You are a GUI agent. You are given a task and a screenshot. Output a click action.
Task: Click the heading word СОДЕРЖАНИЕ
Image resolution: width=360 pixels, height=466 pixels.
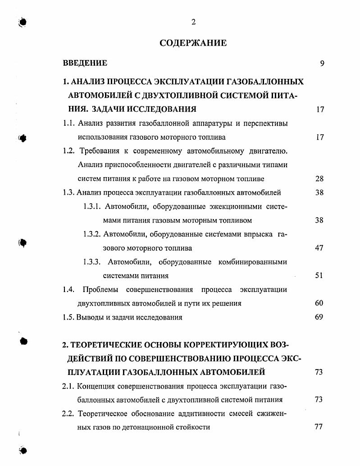(x=193, y=43)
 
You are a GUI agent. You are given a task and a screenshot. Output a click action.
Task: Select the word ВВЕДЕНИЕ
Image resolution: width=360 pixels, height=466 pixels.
(x=85, y=63)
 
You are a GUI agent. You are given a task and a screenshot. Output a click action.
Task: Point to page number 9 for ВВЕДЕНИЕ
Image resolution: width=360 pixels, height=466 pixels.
(x=322, y=64)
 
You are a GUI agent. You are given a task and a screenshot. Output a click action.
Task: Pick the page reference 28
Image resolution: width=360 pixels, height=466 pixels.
(x=319, y=178)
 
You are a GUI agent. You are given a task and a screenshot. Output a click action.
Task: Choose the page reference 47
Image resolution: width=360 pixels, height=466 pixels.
(x=319, y=248)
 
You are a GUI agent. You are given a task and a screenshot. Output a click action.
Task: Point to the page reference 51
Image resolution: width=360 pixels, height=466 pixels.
(x=319, y=275)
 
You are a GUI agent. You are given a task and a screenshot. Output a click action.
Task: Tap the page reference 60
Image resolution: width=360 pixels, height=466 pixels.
(x=319, y=303)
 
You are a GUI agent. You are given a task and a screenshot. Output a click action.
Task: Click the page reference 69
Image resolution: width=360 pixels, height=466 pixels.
(x=319, y=317)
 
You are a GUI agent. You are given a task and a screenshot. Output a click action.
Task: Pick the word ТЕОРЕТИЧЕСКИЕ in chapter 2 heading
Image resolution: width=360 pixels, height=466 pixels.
(x=104, y=345)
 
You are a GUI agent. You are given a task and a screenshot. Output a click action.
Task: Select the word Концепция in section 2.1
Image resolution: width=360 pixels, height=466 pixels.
(x=96, y=386)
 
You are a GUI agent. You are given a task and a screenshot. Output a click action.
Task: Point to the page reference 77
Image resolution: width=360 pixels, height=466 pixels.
(x=319, y=427)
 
